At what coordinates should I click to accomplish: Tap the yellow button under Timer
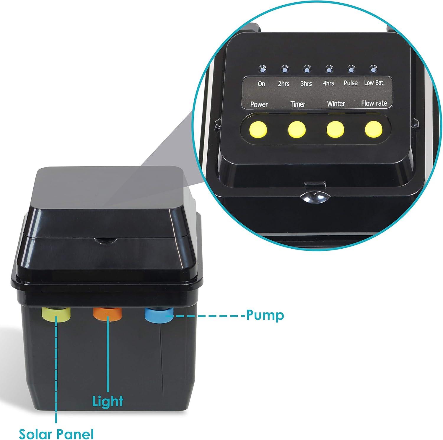pos(297,129)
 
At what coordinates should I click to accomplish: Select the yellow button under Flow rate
pos(374,129)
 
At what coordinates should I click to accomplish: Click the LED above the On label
pos(262,69)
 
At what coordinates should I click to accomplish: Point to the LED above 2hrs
pos(284,69)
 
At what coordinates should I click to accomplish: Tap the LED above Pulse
pos(351,69)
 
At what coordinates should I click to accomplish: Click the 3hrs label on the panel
pos(306,84)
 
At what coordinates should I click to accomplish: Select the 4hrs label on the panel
pos(328,83)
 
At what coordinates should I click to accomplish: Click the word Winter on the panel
pos(336,104)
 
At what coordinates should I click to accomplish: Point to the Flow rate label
pos(374,103)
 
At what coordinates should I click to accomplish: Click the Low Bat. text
pos(374,83)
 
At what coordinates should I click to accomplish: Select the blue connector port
pos(159,315)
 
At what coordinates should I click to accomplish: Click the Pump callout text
pos(265,316)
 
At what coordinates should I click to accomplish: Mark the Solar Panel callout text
pos(56,434)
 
